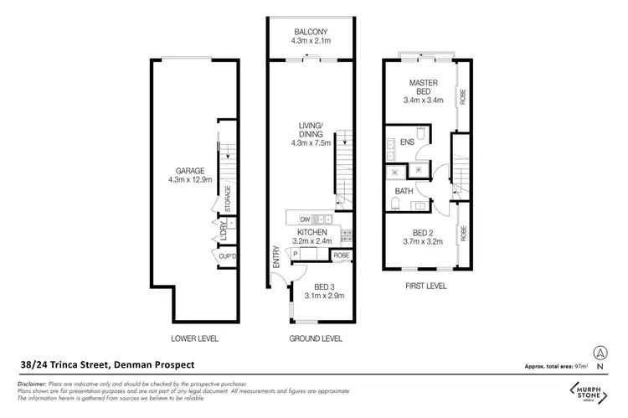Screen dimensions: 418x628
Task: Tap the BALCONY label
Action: [309, 32]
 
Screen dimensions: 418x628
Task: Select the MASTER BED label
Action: [424, 88]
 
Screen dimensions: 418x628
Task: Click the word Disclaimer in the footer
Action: [32, 383]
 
